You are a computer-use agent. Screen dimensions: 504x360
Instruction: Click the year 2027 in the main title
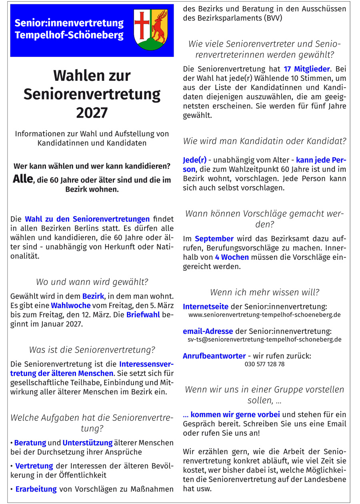tap(92, 113)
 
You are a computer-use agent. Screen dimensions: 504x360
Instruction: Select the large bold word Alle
tap(22, 179)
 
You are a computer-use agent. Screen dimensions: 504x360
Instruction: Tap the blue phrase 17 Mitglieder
tap(307, 69)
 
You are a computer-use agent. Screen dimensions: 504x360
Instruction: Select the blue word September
tap(214, 239)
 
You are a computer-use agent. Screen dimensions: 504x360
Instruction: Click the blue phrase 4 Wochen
tap(232, 257)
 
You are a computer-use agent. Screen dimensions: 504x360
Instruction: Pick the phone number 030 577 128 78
tap(264, 364)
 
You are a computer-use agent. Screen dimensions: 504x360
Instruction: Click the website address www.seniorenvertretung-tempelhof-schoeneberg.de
tap(264, 315)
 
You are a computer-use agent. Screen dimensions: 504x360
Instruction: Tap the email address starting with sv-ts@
tap(264, 340)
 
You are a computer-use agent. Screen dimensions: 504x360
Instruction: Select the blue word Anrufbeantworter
tap(214, 355)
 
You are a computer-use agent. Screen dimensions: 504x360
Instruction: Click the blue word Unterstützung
tap(87, 443)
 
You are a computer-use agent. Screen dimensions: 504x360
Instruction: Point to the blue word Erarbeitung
tap(36, 489)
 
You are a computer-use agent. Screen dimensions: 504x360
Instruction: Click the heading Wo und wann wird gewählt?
tap(92, 282)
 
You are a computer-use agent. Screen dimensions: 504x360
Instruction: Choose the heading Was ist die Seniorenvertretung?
tap(92, 350)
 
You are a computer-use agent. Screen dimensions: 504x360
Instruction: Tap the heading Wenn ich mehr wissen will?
tap(264, 292)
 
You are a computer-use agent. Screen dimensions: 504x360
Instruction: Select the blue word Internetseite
tap(206, 307)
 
